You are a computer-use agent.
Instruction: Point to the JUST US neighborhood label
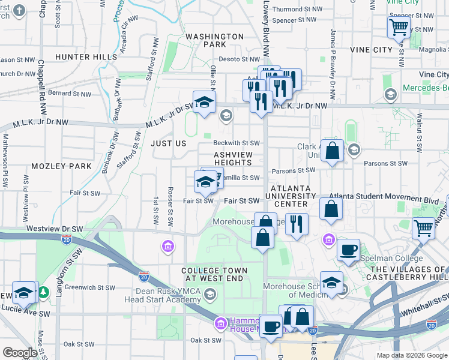click(x=169, y=144)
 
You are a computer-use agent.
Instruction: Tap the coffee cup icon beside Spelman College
click(x=348, y=250)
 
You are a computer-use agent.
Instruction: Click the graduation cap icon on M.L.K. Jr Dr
click(x=204, y=101)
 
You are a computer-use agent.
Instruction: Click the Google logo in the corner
click(x=20, y=353)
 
